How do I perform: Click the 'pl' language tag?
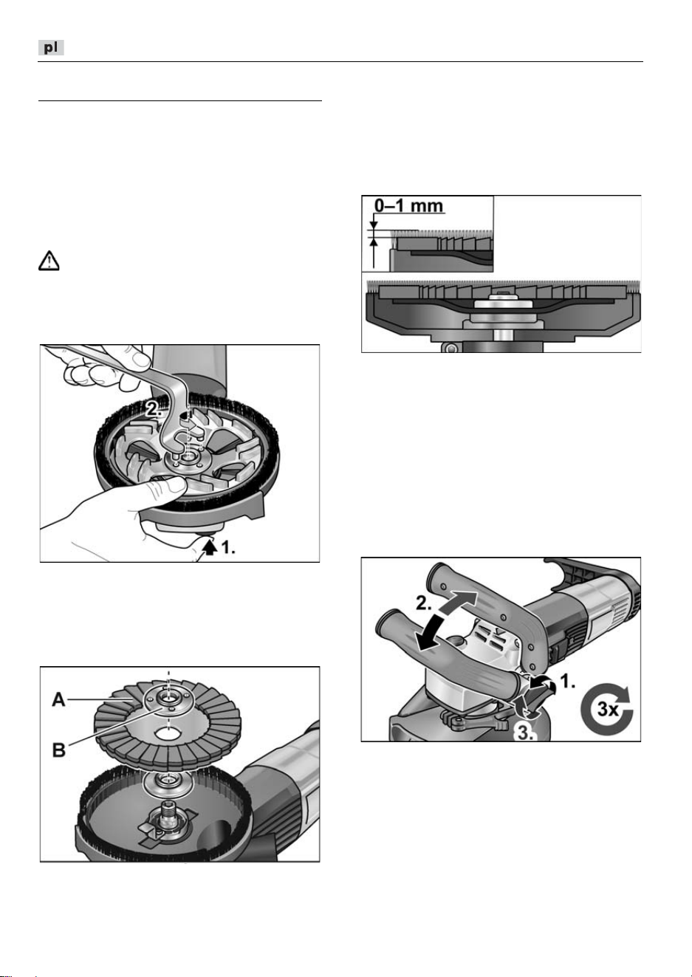(x=51, y=47)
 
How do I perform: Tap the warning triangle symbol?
(x=49, y=261)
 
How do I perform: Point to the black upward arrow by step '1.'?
(x=210, y=547)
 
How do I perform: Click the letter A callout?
(x=58, y=700)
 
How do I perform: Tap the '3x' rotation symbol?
(x=607, y=709)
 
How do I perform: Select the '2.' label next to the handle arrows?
(x=425, y=603)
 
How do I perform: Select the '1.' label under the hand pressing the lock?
(x=227, y=548)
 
